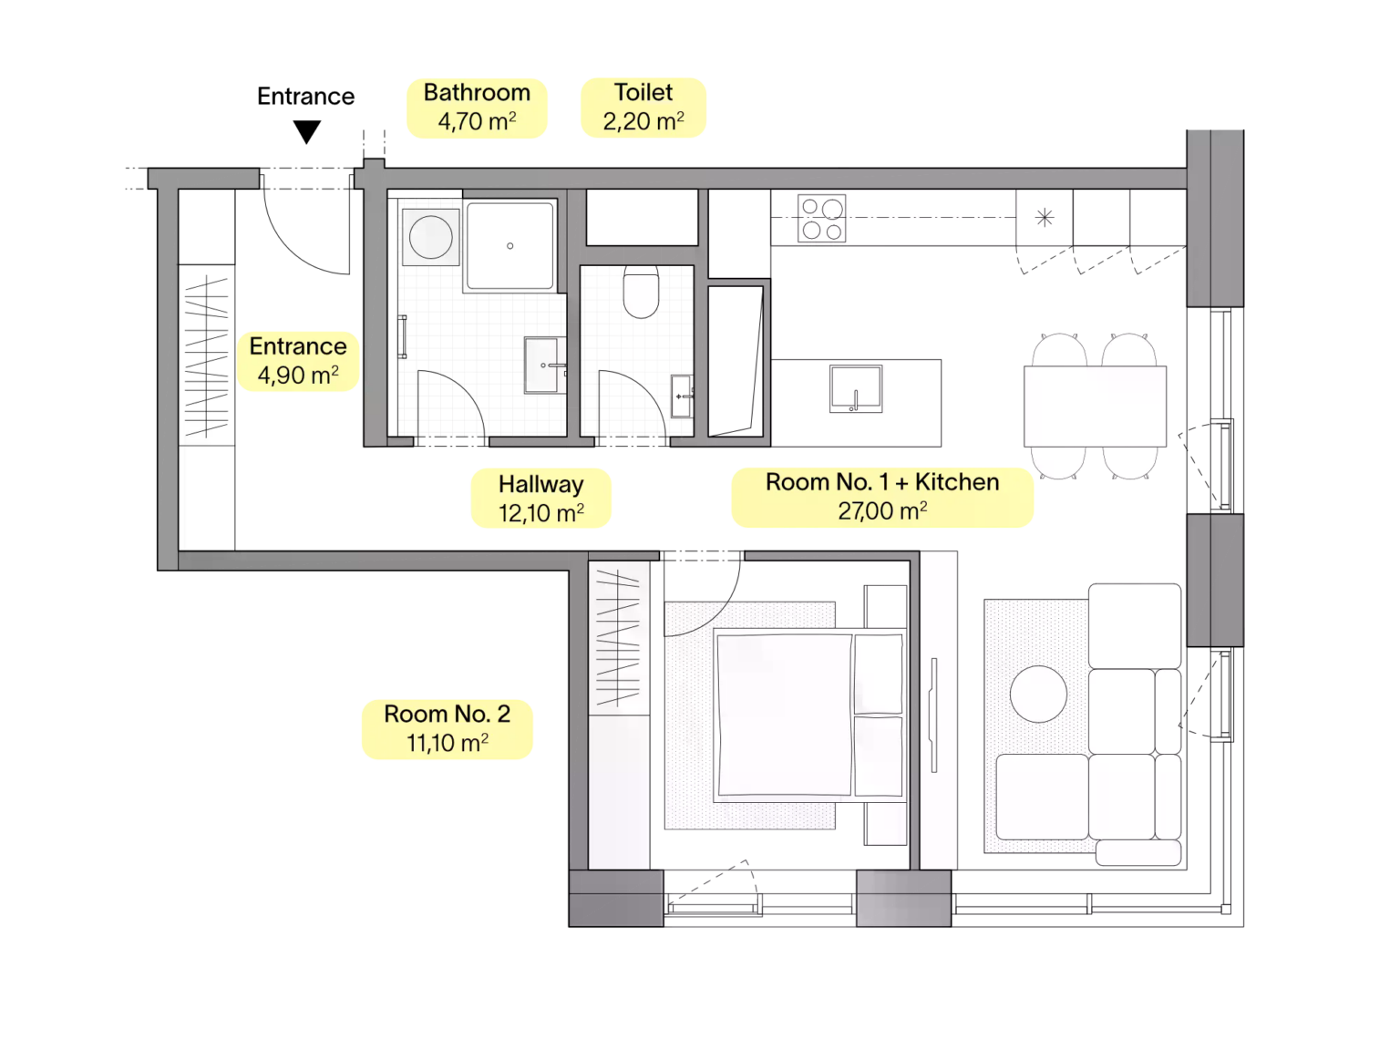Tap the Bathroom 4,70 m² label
pos(477,108)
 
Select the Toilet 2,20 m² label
pos(643,108)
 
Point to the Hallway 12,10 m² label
pos(540,499)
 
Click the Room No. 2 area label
pos(448,728)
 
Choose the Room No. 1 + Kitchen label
pos(881,498)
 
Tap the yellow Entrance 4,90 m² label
pos(298,361)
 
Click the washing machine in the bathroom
pos(430,236)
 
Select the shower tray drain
pos(510,245)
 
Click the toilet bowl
pos(641,292)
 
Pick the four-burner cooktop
pos(821,218)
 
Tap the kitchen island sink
pos(855,388)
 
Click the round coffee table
pos(1038,694)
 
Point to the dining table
pos(1095,407)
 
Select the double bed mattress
pos(785,714)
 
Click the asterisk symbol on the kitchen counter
pos(1045,218)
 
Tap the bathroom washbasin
pos(544,365)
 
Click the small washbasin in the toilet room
pos(681,396)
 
